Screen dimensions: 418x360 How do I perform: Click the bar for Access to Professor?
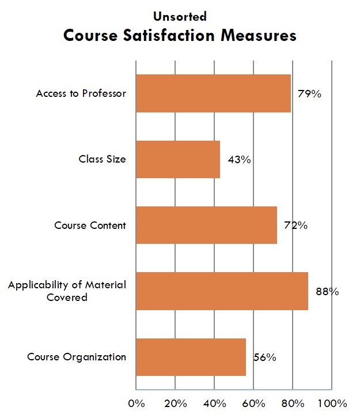tap(213, 93)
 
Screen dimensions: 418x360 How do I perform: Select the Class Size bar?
tap(177, 159)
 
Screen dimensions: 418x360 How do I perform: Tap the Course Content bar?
tap(206, 225)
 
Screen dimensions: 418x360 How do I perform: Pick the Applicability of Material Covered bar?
tap(222, 291)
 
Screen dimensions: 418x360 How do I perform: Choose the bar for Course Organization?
tap(191, 357)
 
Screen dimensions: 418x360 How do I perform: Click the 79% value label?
tap(309, 93)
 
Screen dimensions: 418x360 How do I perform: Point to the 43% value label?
tap(238, 160)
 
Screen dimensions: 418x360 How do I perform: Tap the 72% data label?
tap(295, 225)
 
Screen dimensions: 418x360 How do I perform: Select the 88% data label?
tap(327, 291)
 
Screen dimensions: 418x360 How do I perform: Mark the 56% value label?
tap(264, 357)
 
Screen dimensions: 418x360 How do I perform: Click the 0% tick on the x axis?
tap(136, 402)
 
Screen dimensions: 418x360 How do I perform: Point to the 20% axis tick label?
tap(175, 402)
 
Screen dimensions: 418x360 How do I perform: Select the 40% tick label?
tap(214, 402)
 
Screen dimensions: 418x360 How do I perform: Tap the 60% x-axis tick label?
tap(253, 402)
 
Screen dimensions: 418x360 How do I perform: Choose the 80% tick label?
tap(293, 402)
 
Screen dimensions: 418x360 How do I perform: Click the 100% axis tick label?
tap(332, 402)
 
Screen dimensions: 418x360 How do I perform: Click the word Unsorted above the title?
tap(180, 17)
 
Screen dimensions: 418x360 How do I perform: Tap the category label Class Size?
tap(102, 159)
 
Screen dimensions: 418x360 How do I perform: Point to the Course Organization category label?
tap(77, 357)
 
